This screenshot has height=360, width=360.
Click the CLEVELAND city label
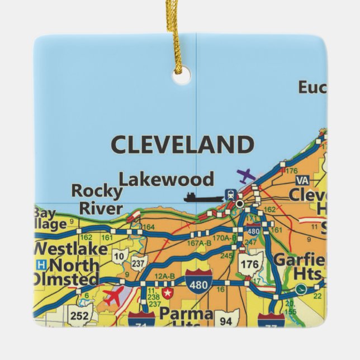[x=182, y=145]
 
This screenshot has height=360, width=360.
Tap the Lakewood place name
[x=167, y=179]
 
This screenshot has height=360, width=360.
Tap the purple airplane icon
[x=245, y=177]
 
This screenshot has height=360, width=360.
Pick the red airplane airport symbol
[x=115, y=296]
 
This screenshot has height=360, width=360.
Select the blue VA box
[x=302, y=180]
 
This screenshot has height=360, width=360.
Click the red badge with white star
[x=167, y=292]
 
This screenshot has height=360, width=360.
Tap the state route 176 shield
[x=250, y=265]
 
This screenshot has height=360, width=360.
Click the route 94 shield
[x=226, y=320]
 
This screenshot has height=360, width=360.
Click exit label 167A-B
[x=199, y=243]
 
